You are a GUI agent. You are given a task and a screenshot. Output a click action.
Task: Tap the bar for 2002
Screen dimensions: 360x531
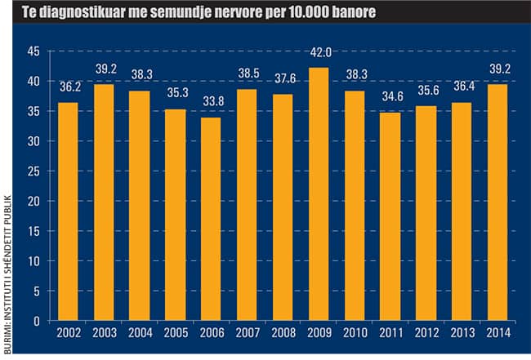[x=68, y=211]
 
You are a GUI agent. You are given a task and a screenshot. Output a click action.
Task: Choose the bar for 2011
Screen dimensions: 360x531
[x=390, y=216]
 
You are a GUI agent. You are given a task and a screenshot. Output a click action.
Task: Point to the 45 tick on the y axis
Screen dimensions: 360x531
[x=33, y=51]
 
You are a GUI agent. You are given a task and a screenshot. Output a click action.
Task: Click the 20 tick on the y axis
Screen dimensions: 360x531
[x=33, y=201]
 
